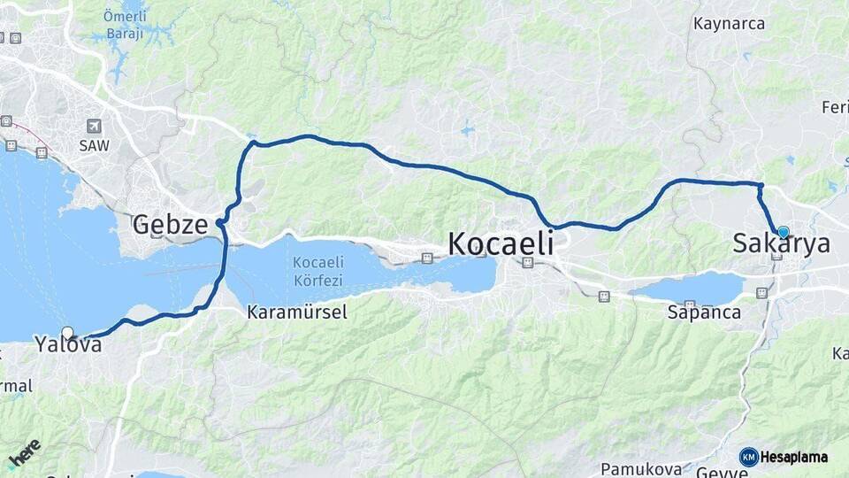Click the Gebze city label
170,225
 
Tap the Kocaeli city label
501,243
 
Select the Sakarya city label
782,243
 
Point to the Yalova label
68,344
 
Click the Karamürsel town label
296,312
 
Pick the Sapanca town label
704,312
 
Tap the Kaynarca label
730,24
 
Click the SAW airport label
94,144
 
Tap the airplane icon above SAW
94,126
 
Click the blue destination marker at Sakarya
783,232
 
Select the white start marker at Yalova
68,333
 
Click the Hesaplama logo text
794,457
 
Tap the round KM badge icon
749,457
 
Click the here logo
24,453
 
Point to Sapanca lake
690,289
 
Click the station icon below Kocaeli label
528,262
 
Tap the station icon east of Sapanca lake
761,292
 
